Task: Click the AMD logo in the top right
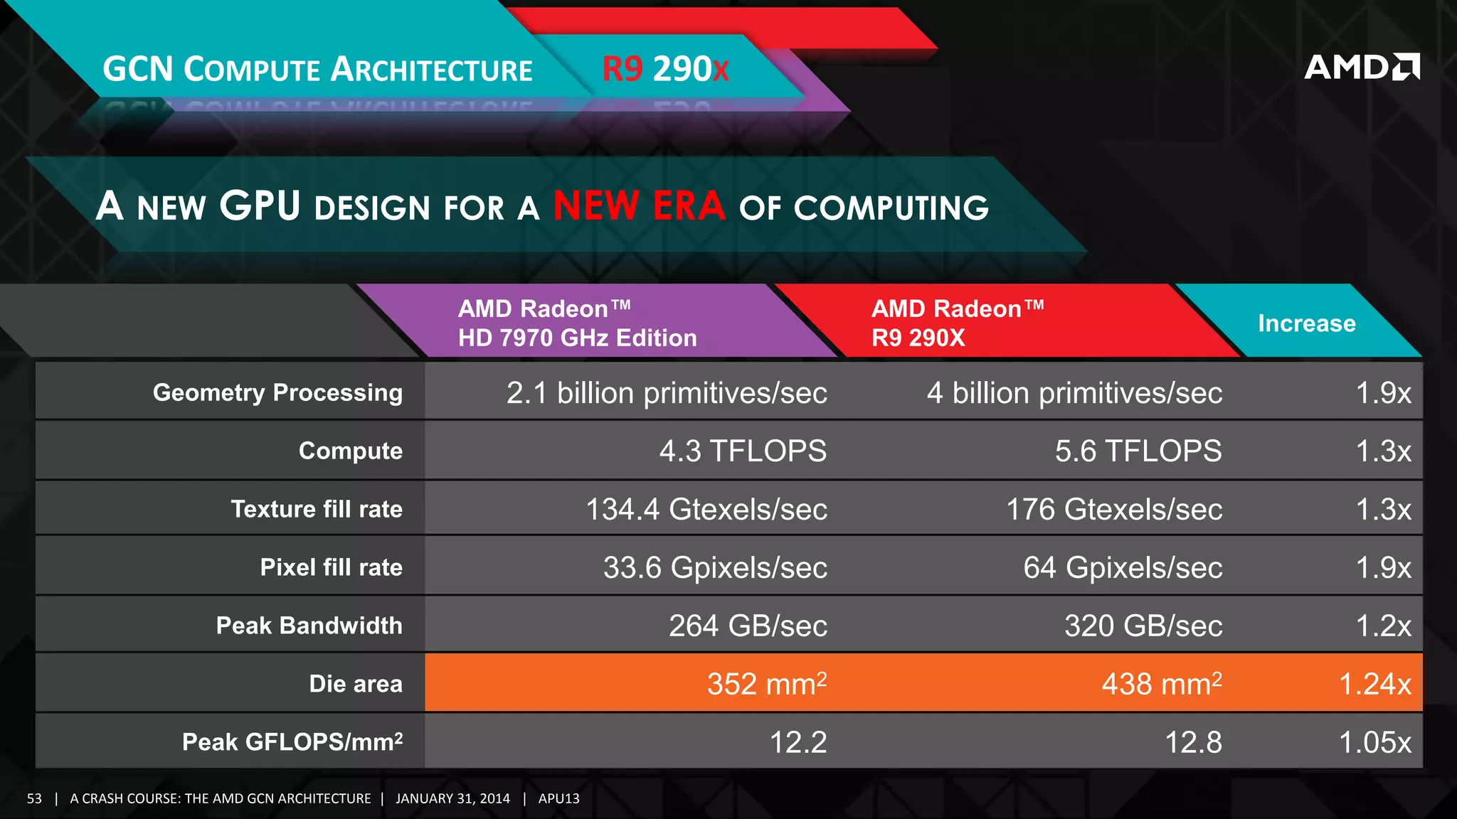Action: point(1361,67)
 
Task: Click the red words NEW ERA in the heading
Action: point(639,206)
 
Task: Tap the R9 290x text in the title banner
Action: point(665,69)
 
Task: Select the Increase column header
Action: point(1306,323)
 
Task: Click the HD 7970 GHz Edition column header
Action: point(577,323)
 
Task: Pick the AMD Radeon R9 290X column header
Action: point(957,323)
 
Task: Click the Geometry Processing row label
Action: point(277,392)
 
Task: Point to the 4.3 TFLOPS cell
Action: point(742,451)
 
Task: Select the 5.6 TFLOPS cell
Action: point(1138,451)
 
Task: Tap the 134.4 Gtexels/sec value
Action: point(706,509)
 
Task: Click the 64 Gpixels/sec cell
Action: point(1122,567)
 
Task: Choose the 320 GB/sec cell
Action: point(1143,626)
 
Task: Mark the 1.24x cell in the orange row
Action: point(1374,684)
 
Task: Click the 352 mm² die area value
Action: point(766,684)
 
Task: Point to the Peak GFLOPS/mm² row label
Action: point(292,742)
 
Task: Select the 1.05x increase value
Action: point(1374,742)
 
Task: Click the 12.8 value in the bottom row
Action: point(1192,742)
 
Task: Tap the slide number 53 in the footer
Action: point(34,798)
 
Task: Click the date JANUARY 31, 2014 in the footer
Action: point(452,798)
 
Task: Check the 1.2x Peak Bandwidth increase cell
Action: point(1382,626)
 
